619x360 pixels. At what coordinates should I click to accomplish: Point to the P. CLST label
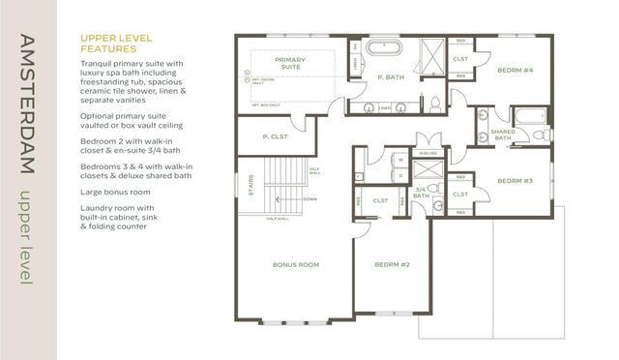276,137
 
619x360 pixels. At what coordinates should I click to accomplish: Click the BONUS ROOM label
296,264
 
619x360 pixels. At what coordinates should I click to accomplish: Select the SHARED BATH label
502,134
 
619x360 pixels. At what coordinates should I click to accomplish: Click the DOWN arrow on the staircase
309,199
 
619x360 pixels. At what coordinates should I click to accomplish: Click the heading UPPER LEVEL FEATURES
114,43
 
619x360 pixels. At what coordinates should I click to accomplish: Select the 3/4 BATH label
422,194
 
